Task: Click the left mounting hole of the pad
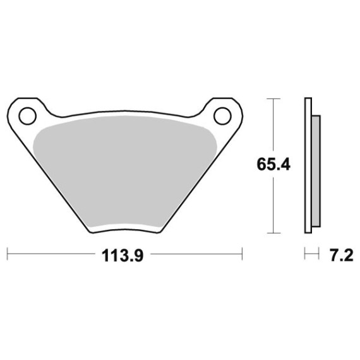28,116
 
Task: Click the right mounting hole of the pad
222,116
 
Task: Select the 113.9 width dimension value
123,256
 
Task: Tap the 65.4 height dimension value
273,164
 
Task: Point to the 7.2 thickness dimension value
342,256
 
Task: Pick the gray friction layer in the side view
316,171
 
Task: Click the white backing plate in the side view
308,165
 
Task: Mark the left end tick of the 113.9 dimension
8,254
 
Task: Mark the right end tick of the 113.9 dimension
242,254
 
